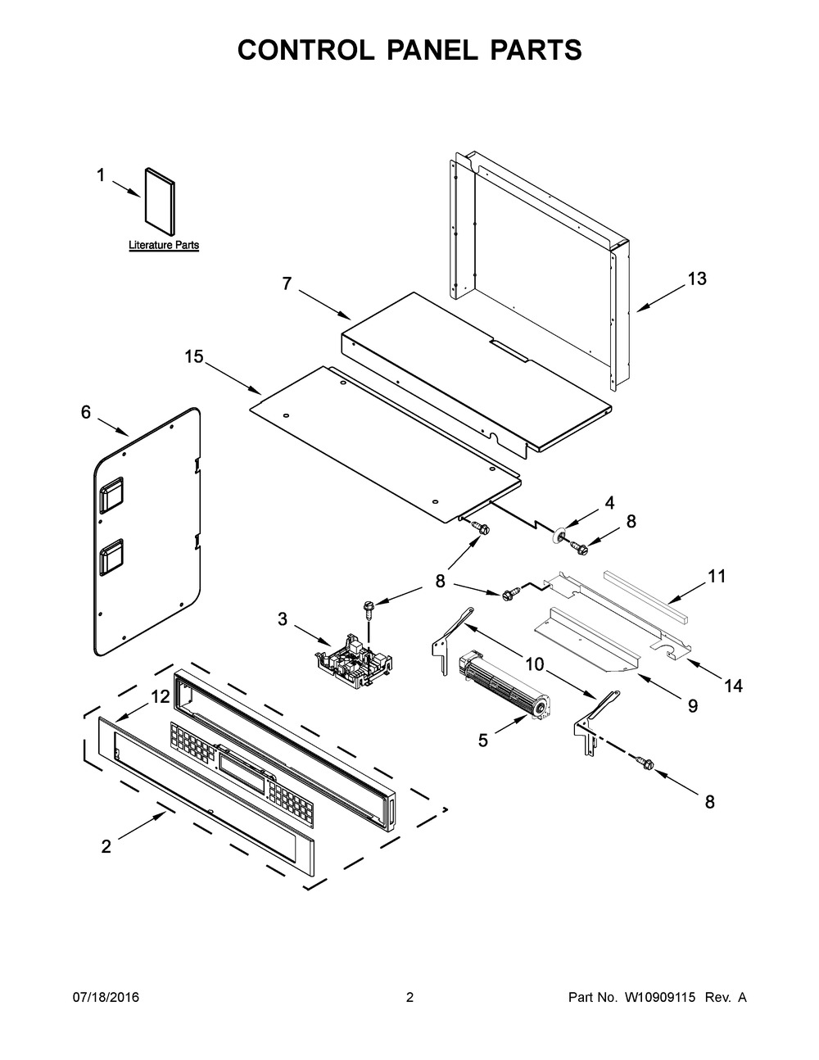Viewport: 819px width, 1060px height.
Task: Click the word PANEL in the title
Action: pyautogui.click(x=409, y=50)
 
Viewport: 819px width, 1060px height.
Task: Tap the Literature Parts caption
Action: pyautogui.click(x=164, y=245)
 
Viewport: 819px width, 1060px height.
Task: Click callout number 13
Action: pyautogui.click(x=696, y=279)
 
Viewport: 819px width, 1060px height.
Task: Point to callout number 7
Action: pyautogui.click(x=287, y=283)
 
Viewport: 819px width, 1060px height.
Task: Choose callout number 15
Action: pyautogui.click(x=193, y=357)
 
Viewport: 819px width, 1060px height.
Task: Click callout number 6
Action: pyautogui.click(x=86, y=413)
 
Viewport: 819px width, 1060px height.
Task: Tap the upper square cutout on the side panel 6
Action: pyautogui.click(x=111, y=495)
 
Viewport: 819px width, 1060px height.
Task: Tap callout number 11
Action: pyautogui.click(x=717, y=577)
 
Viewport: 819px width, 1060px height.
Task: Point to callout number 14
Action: pyautogui.click(x=733, y=686)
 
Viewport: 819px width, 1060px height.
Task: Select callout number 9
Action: pyautogui.click(x=693, y=704)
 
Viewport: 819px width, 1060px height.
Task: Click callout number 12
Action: pyautogui.click(x=160, y=696)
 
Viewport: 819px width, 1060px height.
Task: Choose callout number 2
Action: pyautogui.click(x=106, y=847)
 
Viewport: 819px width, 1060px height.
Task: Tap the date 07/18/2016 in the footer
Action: pyautogui.click(x=106, y=997)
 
